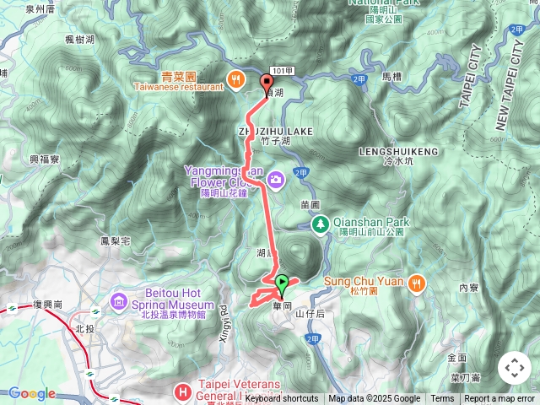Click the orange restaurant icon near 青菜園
click(x=235, y=80)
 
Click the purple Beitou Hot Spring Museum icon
click(x=118, y=301)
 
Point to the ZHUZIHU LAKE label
click(x=263, y=132)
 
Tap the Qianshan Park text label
click(x=371, y=222)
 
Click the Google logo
click(x=32, y=394)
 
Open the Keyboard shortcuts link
click(x=282, y=399)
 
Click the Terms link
click(x=442, y=399)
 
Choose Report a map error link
click(x=499, y=399)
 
